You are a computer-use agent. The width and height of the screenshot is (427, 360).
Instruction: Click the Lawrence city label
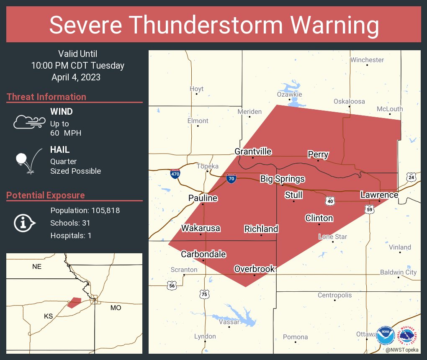(x=379, y=195)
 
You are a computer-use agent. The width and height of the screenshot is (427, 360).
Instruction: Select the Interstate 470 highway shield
(x=175, y=173)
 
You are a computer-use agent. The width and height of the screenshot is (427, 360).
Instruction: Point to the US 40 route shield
(x=330, y=201)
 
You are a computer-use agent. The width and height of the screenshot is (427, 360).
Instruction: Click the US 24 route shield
(x=411, y=177)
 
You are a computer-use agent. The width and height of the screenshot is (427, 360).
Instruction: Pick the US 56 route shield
(x=171, y=285)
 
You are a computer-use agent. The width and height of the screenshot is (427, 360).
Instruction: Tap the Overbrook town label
(x=254, y=269)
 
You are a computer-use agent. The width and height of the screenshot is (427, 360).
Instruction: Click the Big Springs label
(x=282, y=179)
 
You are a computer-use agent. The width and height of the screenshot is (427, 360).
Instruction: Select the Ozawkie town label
(x=289, y=95)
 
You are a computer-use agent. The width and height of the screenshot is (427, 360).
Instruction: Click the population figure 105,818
(x=103, y=210)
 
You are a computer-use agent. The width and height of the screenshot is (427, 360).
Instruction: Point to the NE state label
(x=37, y=266)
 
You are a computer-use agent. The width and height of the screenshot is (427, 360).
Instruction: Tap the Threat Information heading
(x=46, y=97)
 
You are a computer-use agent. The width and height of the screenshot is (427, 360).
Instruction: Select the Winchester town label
(x=367, y=60)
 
